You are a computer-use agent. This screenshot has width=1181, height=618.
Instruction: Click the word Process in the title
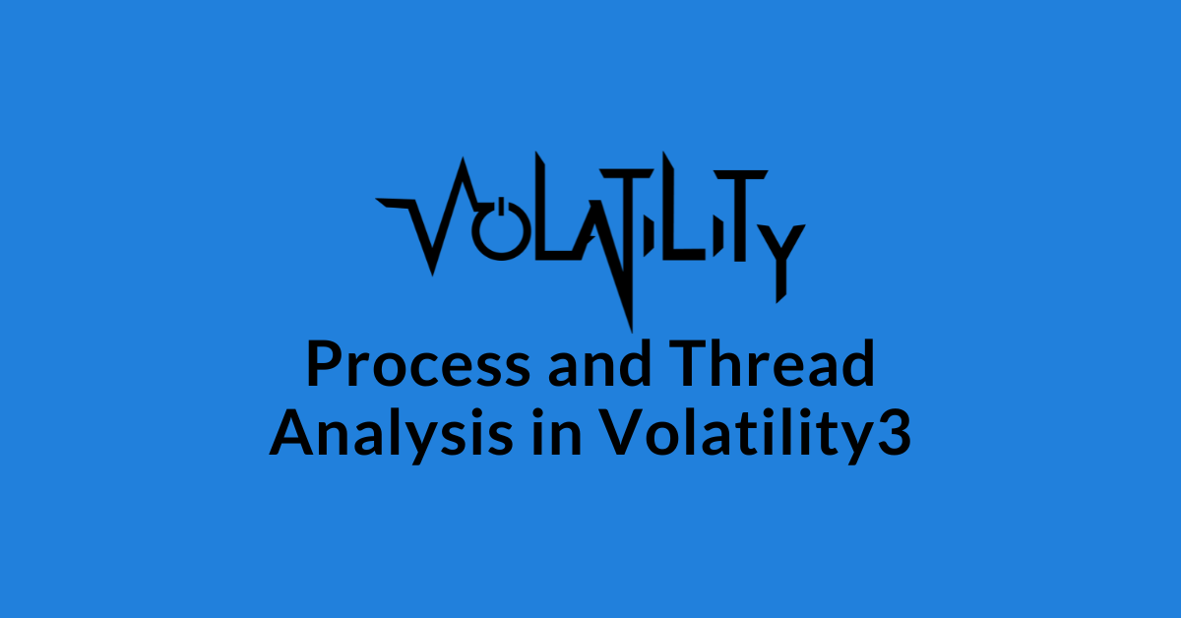418,364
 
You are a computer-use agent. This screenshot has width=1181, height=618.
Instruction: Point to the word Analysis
391,433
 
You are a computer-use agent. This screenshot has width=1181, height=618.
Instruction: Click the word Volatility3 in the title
756,433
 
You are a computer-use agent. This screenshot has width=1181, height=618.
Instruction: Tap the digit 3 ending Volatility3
895,432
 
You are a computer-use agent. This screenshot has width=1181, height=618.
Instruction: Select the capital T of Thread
688,364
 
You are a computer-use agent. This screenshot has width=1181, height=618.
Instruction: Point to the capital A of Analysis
293,432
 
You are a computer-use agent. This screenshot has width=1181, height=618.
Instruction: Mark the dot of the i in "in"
538,413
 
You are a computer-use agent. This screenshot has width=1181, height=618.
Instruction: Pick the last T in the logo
740,216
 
